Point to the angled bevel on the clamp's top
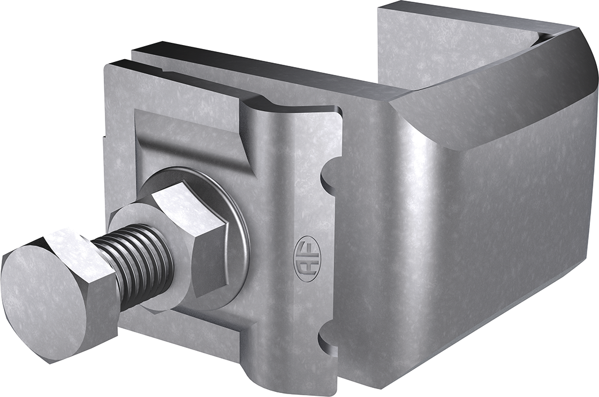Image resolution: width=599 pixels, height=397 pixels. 496,107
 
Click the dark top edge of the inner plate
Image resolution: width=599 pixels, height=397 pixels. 254,65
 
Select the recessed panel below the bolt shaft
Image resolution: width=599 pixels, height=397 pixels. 186,332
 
